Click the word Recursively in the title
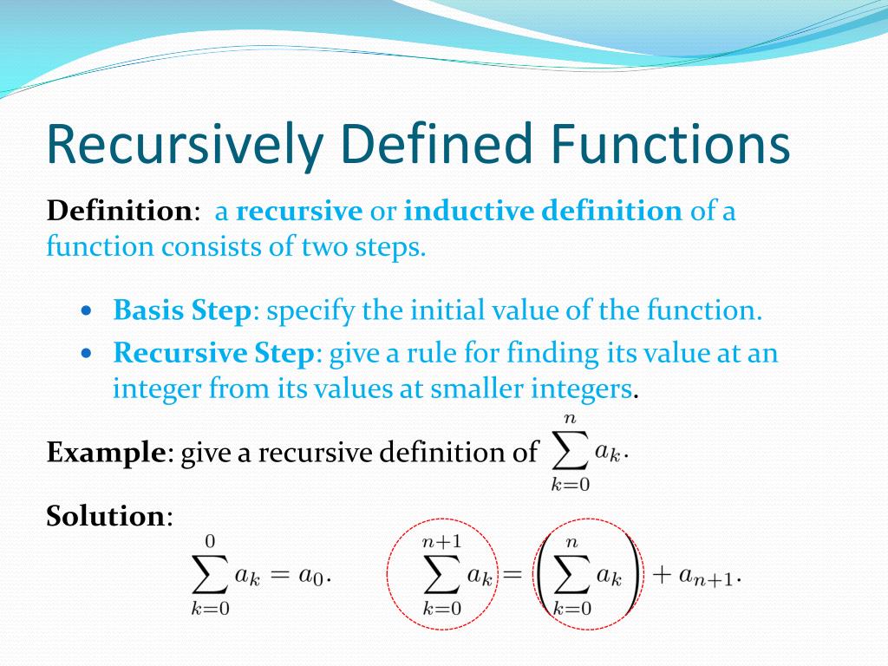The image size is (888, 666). click(x=186, y=144)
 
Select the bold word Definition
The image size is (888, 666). click(x=120, y=211)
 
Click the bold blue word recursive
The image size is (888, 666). click(x=299, y=212)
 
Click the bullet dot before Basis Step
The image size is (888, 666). click(x=86, y=311)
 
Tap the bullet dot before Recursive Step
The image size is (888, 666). click(x=86, y=354)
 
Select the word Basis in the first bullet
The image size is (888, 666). click(x=148, y=310)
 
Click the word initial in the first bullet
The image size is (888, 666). click(x=447, y=310)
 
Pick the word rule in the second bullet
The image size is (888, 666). click(x=432, y=354)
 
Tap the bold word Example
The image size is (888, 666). click(x=106, y=452)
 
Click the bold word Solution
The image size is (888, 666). click(x=105, y=516)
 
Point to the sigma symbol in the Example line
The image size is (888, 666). click(x=571, y=452)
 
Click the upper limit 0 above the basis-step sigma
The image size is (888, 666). click(x=210, y=542)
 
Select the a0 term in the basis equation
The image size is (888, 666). click(x=311, y=576)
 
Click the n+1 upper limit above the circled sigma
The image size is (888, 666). click(x=441, y=542)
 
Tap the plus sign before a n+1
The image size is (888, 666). click(x=662, y=575)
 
